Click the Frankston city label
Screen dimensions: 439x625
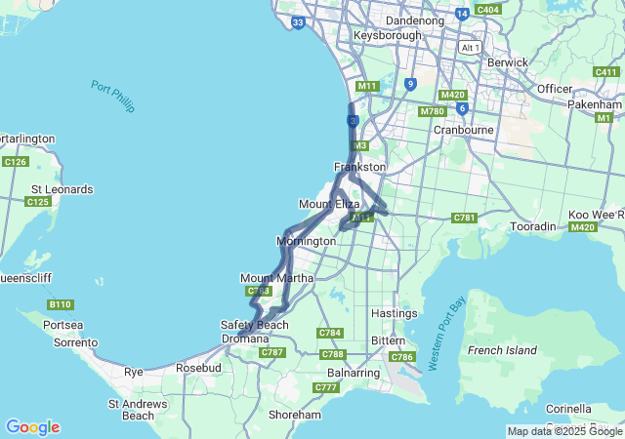[x=359, y=167]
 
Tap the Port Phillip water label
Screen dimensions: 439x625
[x=112, y=96]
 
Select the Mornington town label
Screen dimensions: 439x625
[x=306, y=241]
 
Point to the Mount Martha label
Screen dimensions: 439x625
[x=276, y=278]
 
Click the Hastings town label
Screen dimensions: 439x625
[x=395, y=313]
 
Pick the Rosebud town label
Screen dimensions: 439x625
[x=198, y=368]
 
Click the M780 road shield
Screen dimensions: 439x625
[x=433, y=111]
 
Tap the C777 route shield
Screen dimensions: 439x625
[x=325, y=388]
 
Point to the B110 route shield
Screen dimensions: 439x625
[x=60, y=305]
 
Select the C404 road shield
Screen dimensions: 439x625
[x=486, y=10]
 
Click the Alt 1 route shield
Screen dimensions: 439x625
[x=471, y=47]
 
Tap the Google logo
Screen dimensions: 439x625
[x=32, y=427]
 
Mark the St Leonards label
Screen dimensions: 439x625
[x=62, y=189]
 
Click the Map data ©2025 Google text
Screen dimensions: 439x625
[x=564, y=431]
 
